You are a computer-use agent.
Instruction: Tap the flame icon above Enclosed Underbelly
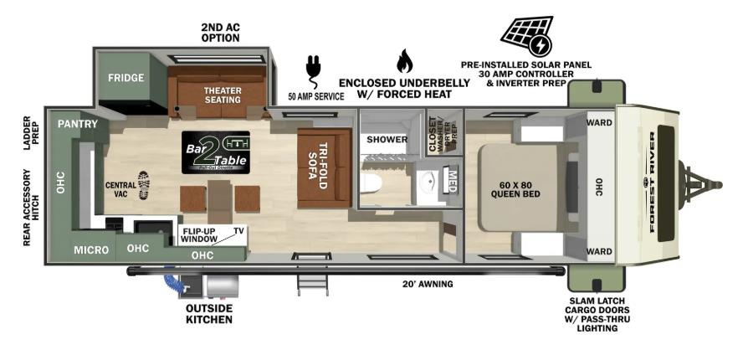[x=404, y=61]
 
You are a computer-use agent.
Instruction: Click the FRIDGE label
[x=126, y=78]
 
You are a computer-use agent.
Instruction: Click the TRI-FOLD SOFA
[x=323, y=167]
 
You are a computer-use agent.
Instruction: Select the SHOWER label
[x=387, y=139]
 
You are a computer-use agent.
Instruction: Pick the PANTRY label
[x=78, y=124]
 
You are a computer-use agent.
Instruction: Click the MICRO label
[x=90, y=249]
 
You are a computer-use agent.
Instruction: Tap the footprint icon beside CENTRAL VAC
[x=144, y=183]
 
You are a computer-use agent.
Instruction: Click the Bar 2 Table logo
[x=215, y=152]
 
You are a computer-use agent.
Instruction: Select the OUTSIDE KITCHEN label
[x=208, y=313]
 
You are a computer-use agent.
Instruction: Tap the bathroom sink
[x=428, y=180]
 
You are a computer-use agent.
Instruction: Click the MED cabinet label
[x=453, y=179]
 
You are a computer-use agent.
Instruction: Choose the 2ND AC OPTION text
[x=220, y=33]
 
